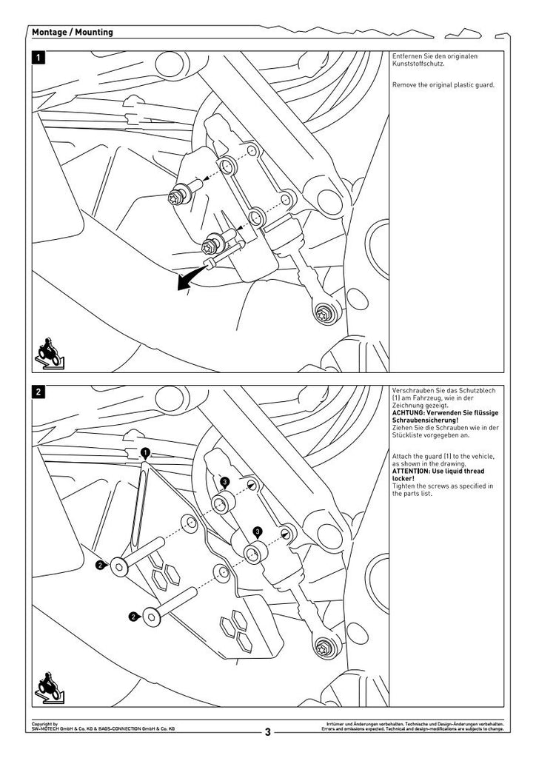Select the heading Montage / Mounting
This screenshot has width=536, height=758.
(73, 33)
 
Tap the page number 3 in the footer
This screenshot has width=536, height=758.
(268, 732)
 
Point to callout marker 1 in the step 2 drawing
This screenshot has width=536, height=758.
(145, 452)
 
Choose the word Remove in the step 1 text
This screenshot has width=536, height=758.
(403, 85)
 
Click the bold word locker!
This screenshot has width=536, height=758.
(403, 478)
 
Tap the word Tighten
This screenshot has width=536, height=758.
(404, 486)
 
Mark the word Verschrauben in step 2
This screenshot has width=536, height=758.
(414, 389)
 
